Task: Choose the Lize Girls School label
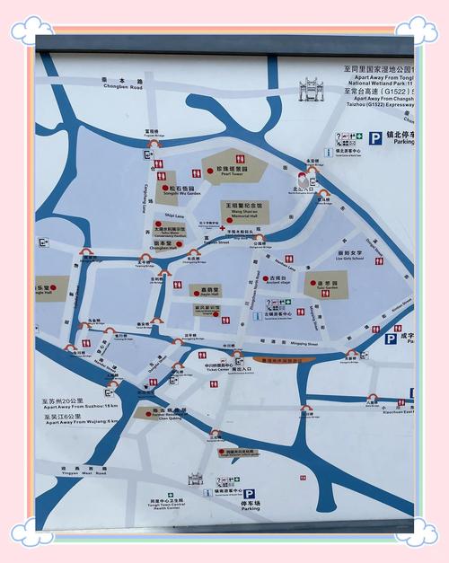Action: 351,256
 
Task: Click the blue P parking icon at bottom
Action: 249,494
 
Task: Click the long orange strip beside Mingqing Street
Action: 284,360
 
